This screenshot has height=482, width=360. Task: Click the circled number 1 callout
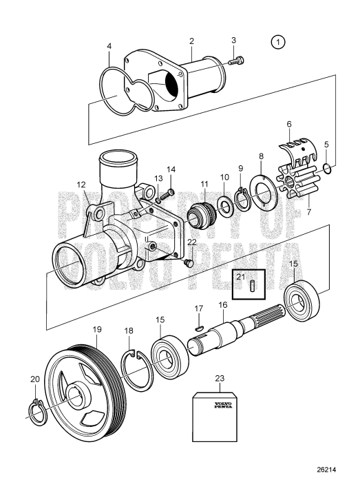(x=277, y=43)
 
